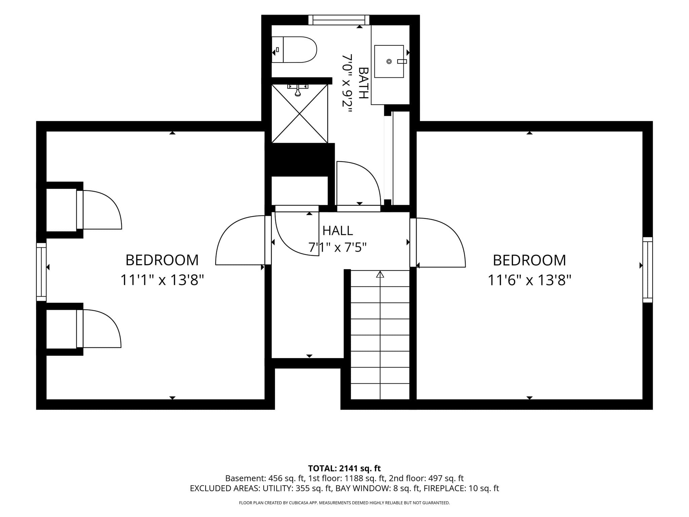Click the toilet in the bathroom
(294, 49)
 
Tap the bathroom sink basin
(389, 61)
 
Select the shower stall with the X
(299, 114)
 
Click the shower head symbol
(298, 90)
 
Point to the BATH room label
(363, 83)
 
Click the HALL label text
(337, 231)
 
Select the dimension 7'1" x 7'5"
(337, 248)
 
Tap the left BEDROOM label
(162, 260)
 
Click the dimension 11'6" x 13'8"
(530, 280)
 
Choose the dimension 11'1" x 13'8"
(162, 280)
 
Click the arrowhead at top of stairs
(380, 274)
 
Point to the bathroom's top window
(339, 20)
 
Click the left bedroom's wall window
(41, 272)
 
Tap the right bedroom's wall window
(648, 270)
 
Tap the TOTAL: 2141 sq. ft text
(344, 468)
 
